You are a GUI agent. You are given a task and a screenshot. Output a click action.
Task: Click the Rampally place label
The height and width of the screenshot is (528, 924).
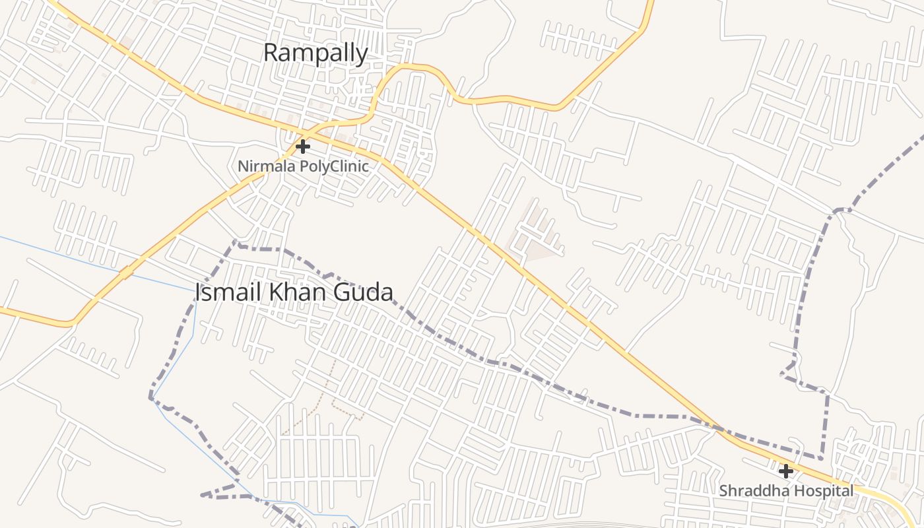pos(315,53)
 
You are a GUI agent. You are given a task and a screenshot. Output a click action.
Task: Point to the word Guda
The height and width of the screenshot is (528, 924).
pos(366,292)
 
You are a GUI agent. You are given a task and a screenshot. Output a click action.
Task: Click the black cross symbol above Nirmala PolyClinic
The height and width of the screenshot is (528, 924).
pos(303,146)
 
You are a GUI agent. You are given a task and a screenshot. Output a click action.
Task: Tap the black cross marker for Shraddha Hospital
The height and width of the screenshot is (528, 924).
pos(785,471)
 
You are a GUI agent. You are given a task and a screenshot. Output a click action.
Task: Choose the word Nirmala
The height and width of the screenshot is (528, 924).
pos(267,166)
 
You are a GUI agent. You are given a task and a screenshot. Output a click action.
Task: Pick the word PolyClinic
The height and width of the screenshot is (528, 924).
pos(334,166)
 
